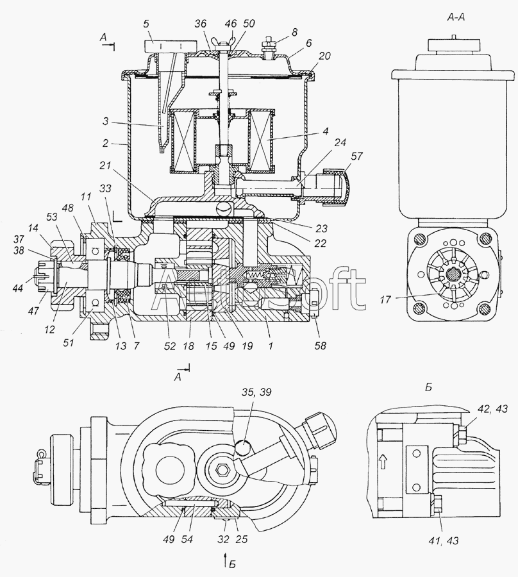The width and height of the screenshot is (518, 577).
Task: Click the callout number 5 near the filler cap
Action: (x=146, y=24)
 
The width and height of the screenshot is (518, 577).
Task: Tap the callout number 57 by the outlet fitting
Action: (x=356, y=156)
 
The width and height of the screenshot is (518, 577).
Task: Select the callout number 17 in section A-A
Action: (x=385, y=300)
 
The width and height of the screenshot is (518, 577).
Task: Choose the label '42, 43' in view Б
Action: (x=492, y=408)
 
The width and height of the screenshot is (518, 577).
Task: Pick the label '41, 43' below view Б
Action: (x=444, y=540)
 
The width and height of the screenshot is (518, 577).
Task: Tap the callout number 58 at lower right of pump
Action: (x=320, y=346)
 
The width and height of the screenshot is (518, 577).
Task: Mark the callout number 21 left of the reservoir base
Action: (x=106, y=165)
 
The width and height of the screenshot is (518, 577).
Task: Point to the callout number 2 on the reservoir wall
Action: (x=106, y=143)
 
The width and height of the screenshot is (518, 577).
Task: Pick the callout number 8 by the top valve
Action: (x=294, y=32)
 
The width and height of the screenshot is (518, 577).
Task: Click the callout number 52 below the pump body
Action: (x=170, y=346)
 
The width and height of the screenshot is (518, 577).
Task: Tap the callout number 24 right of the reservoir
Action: (x=340, y=142)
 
